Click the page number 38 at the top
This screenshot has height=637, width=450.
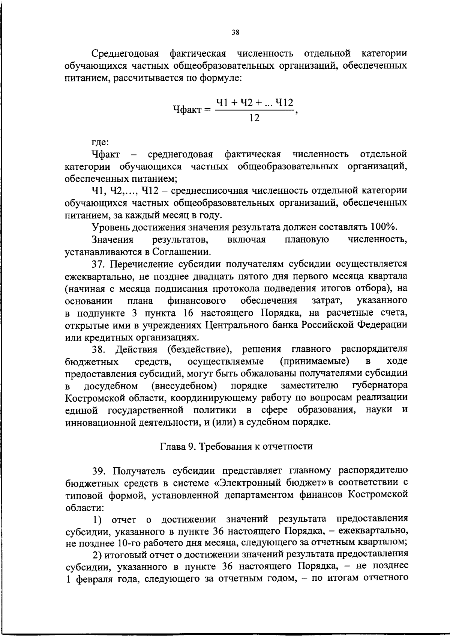[x=235, y=32]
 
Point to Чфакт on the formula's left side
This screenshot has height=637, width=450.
[x=190, y=110]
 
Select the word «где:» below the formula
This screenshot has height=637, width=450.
[x=100, y=142]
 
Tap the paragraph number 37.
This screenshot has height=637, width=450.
[x=100, y=264]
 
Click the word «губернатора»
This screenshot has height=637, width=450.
[x=380, y=386]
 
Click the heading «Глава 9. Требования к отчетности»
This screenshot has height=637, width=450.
[x=236, y=446]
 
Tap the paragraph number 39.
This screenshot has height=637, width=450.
[x=100, y=471]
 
